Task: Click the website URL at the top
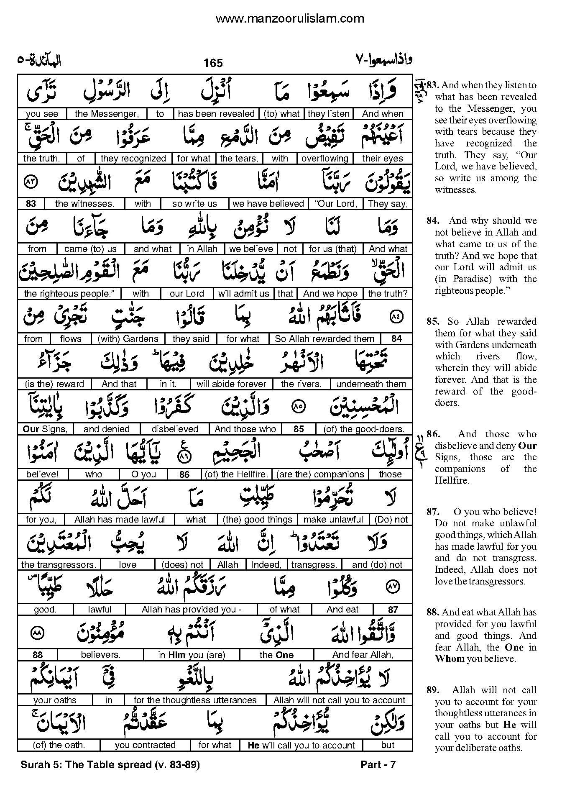[x=290, y=18]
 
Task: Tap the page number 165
[x=213, y=63]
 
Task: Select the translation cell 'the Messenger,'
[x=106, y=113]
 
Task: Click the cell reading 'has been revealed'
[x=216, y=113]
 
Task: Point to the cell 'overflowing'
[x=324, y=159]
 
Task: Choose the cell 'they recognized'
[x=133, y=159]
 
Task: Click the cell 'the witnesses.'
[x=84, y=204]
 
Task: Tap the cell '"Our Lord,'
[x=335, y=204]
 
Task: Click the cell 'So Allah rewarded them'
[x=324, y=339]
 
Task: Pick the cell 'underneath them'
[x=371, y=384]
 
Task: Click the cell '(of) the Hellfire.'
[x=236, y=474]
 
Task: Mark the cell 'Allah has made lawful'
[x=120, y=520]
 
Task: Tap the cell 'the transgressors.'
[x=59, y=565]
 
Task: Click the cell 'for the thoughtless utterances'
[x=195, y=700]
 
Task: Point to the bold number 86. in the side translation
[x=433, y=434]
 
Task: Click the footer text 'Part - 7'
[x=378, y=765]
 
